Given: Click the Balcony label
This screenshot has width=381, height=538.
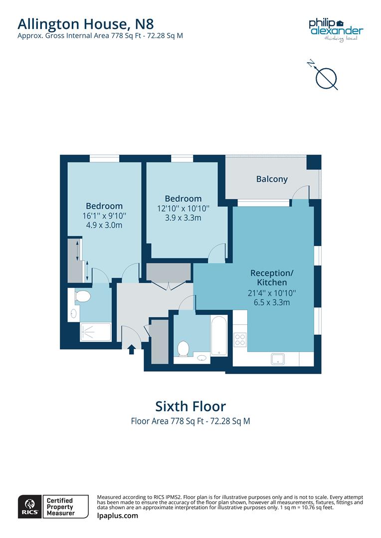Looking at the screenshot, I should point(272,179).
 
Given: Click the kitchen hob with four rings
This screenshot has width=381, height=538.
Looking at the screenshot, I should point(240,339).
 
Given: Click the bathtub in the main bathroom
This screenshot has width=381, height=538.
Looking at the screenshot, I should point(219,334).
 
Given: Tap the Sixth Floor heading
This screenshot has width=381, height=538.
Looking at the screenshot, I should point(190,406).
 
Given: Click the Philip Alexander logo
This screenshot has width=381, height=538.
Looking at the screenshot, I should point(336,29).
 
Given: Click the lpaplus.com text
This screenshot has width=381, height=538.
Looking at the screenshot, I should point(117,516).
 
